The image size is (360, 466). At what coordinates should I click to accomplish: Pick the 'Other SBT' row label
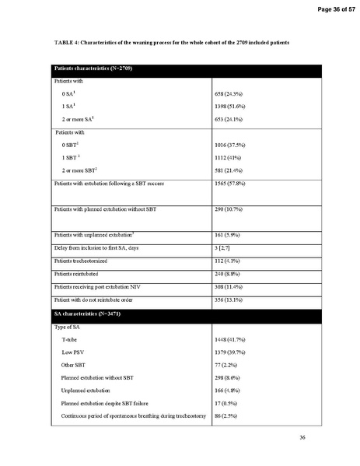coord(75,365)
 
